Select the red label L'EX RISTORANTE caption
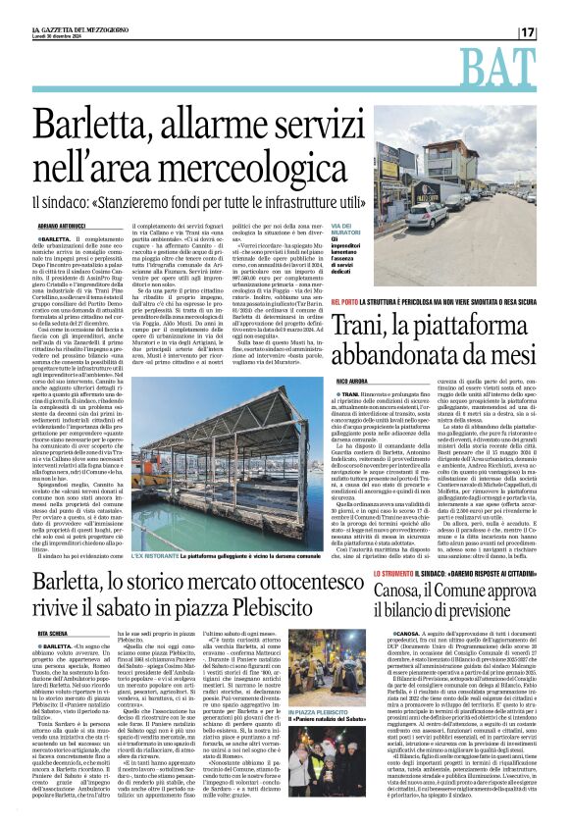pyautogui.click(x=156, y=528)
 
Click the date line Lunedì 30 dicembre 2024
pyautogui.click(x=62, y=37)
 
